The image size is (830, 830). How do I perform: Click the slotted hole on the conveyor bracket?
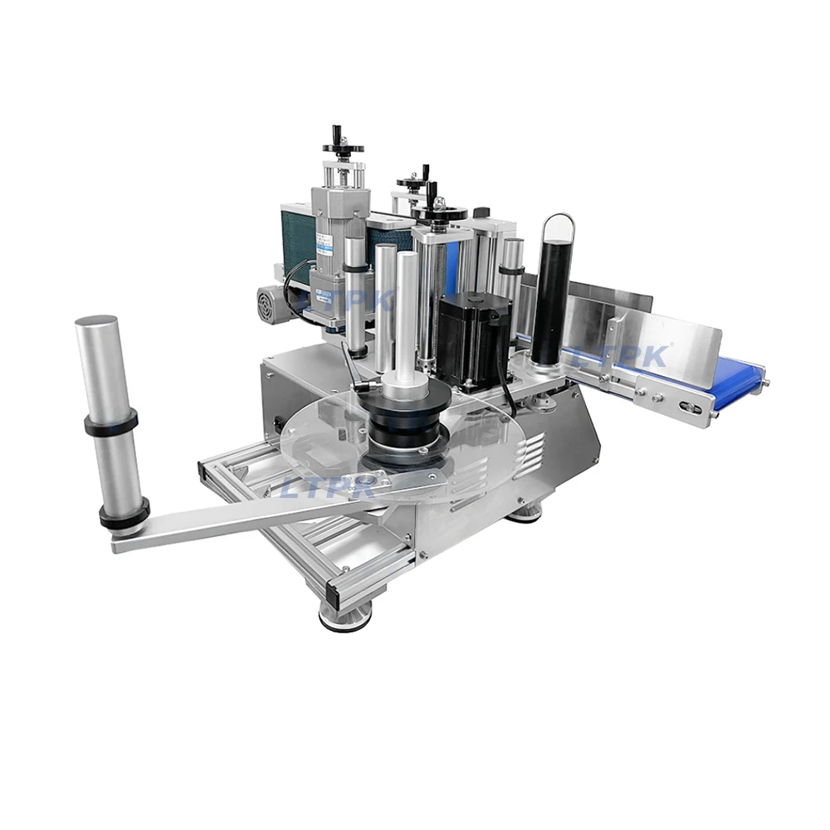click(x=688, y=407)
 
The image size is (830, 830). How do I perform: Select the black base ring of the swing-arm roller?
click(x=124, y=514)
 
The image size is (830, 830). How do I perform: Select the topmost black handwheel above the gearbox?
click(x=343, y=147)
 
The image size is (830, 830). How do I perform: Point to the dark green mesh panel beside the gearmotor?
click(x=295, y=241)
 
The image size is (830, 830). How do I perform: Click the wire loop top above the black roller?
click(x=559, y=217)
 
